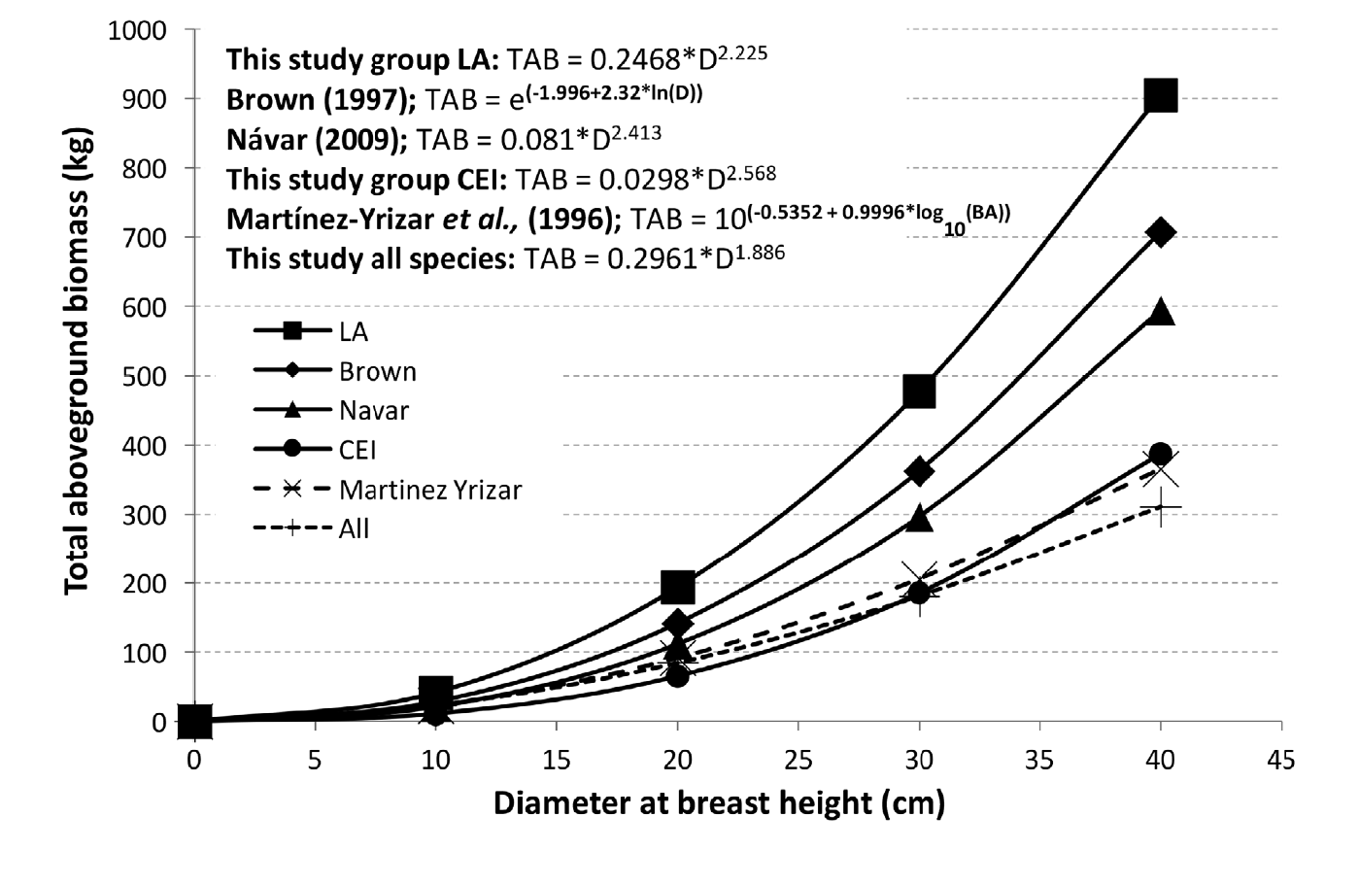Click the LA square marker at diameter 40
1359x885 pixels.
(x=1161, y=96)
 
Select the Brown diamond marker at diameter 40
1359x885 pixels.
(x=1161, y=233)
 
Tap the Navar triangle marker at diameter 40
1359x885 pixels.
(x=1161, y=312)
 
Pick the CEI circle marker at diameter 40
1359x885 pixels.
(x=1161, y=455)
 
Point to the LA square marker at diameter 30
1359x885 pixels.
(x=919, y=391)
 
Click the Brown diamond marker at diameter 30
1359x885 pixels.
(x=919, y=471)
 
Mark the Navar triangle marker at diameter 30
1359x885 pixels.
(x=919, y=519)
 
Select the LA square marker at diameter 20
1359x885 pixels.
(x=677, y=587)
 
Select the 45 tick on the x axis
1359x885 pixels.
(x=1281, y=760)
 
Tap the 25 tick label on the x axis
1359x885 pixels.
(x=798, y=760)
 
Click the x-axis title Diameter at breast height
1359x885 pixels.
(x=719, y=803)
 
